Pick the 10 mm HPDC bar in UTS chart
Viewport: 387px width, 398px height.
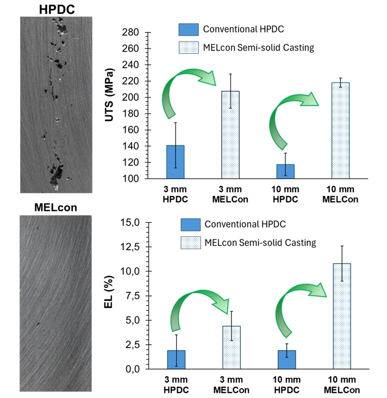tap(285, 171)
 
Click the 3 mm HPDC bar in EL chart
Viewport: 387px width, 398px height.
tap(176, 360)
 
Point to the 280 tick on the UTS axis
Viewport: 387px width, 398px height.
tap(133, 33)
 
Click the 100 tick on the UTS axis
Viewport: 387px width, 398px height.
tap(133, 179)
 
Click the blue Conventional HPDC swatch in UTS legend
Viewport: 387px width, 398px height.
tap(188, 29)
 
